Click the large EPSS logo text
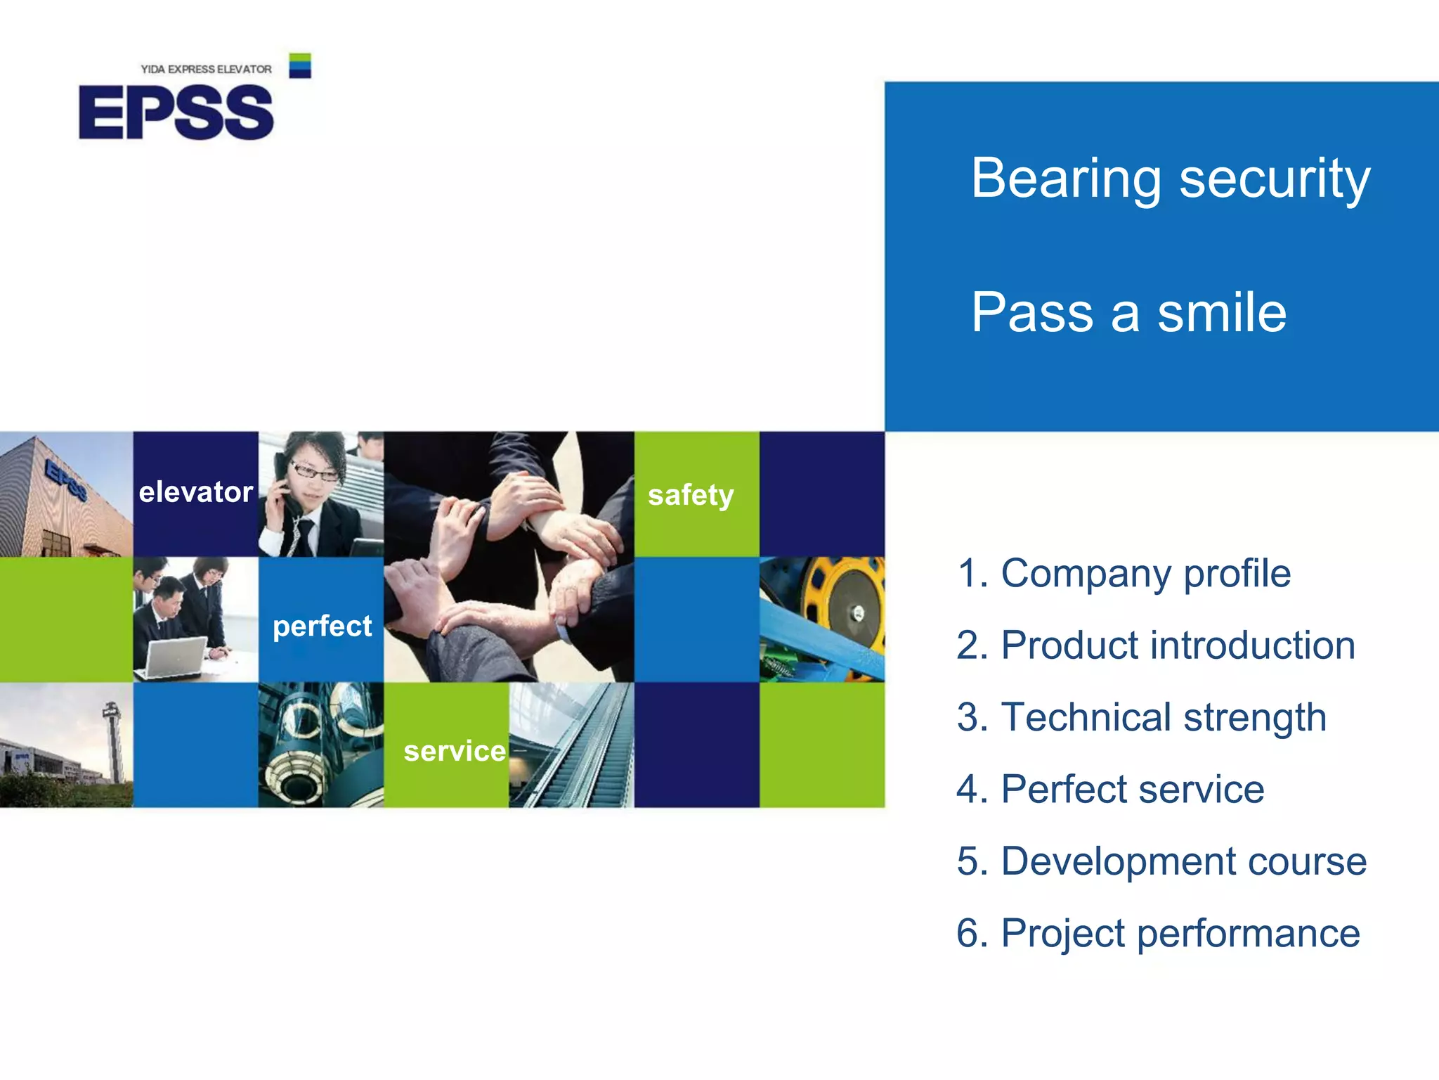click(x=176, y=112)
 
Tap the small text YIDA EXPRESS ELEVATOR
click(x=206, y=69)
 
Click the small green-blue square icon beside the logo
click(x=300, y=65)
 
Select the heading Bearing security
click(x=1170, y=179)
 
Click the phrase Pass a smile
click(x=1128, y=312)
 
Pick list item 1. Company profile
click(x=1124, y=573)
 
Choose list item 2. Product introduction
click(x=1156, y=645)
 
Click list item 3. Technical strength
click(x=1141, y=717)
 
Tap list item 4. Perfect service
click(x=1110, y=789)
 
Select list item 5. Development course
click(x=1161, y=861)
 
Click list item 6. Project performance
click(x=1158, y=933)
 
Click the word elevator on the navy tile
click(x=195, y=492)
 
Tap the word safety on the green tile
click(x=691, y=495)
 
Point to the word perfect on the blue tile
click(x=322, y=626)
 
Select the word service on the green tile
click(x=454, y=751)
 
